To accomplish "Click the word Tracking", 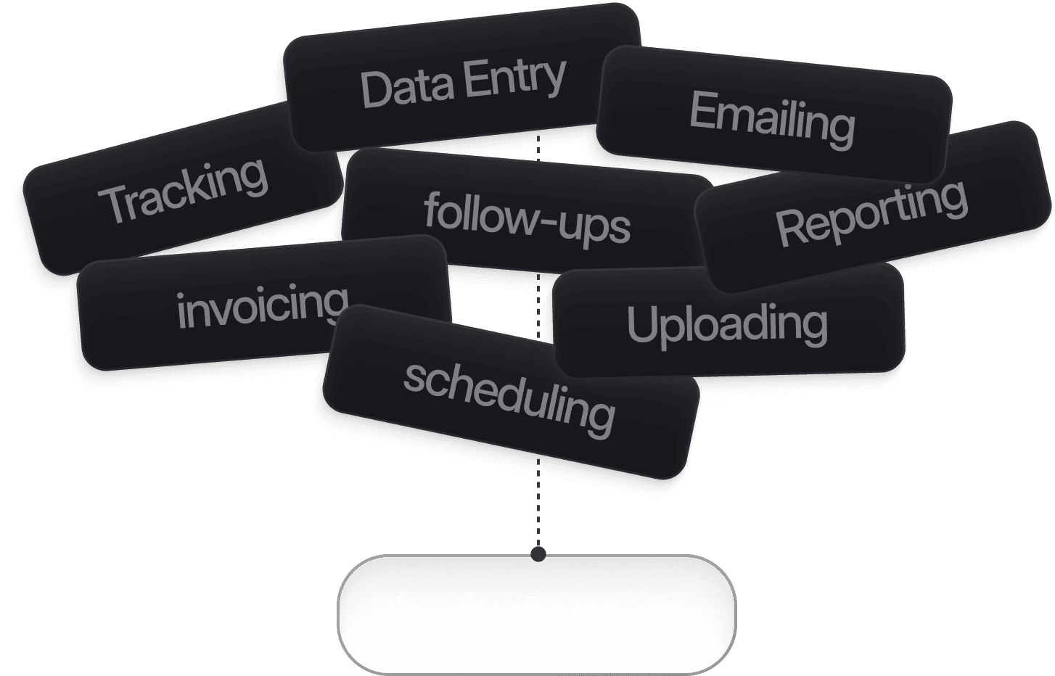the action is tap(183, 190).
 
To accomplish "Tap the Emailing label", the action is tap(771, 120).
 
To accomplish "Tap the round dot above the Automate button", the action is tap(538, 555).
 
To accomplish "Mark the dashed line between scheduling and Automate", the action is tap(538, 508).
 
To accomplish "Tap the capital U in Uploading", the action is tap(642, 325).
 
